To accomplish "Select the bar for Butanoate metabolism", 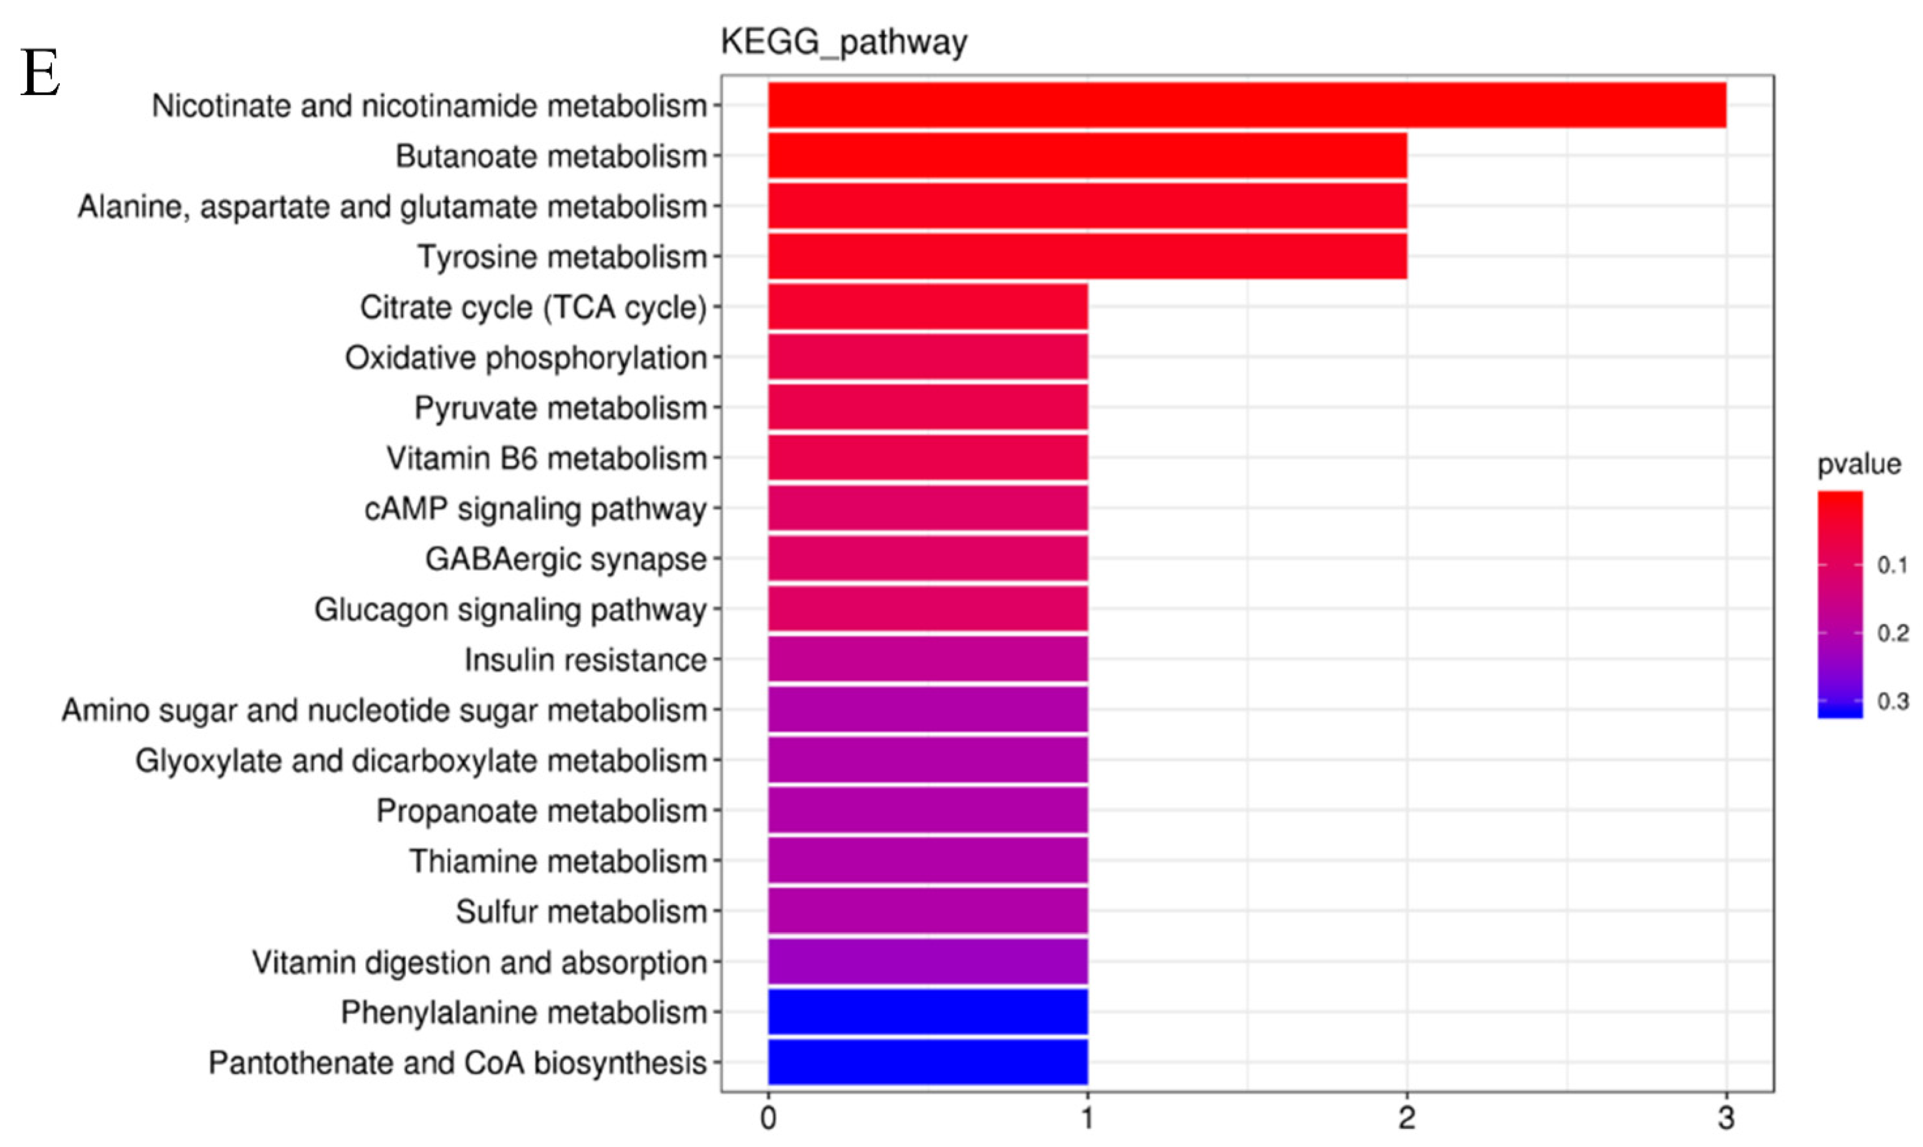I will point(1087,155).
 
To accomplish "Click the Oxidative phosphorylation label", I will point(526,358).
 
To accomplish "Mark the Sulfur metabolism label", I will point(581,911).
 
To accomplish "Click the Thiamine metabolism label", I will point(558,861).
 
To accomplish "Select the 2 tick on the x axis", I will point(1407,1118).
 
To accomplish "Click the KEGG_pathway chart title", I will point(844,42).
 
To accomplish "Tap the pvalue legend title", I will point(1858,464).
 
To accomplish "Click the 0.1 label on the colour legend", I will point(1892,565).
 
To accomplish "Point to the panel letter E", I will point(40,74).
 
